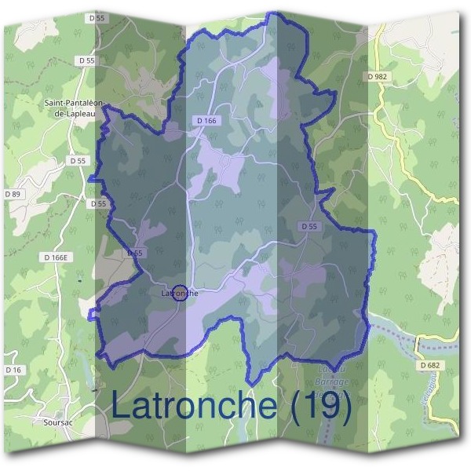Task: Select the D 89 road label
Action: tap(14, 194)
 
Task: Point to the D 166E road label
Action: tap(57, 257)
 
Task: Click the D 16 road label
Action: tap(13, 369)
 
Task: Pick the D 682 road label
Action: tap(430, 365)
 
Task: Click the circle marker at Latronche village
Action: tap(179, 293)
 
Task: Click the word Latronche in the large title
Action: tap(194, 405)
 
